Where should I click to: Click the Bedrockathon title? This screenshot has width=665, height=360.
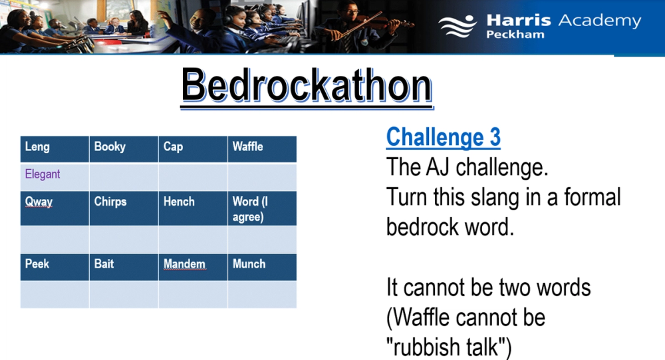click(x=307, y=86)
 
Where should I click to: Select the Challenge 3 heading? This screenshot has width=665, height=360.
click(x=443, y=137)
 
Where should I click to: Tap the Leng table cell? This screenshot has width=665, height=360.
click(x=55, y=150)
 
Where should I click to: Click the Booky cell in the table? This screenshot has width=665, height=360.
click(x=124, y=150)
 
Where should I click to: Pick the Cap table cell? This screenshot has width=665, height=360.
click(x=193, y=150)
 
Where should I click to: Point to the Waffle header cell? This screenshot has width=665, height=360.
click(x=262, y=150)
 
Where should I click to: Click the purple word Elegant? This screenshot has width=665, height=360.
click(x=43, y=174)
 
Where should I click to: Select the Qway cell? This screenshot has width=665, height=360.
click(x=55, y=208)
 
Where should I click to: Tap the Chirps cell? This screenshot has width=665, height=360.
click(x=124, y=208)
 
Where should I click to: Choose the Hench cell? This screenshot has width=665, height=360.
click(x=193, y=208)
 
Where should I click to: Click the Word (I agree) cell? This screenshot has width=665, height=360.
click(x=262, y=208)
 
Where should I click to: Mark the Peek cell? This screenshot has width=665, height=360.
click(x=55, y=267)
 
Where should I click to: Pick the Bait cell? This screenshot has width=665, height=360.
click(x=124, y=267)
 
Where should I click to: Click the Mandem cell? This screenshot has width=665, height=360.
click(x=193, y=267)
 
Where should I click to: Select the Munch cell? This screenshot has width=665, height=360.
click(x=262, y=267)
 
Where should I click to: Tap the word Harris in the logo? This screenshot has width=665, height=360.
click(x=518, y=21)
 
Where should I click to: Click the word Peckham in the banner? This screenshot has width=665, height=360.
click(x=515, y=35)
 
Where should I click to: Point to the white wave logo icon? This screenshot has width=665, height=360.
click(x=458, y=26)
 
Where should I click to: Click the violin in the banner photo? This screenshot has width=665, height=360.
click(x=382, y=21)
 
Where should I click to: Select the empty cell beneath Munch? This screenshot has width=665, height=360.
click(x=262, y=294)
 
